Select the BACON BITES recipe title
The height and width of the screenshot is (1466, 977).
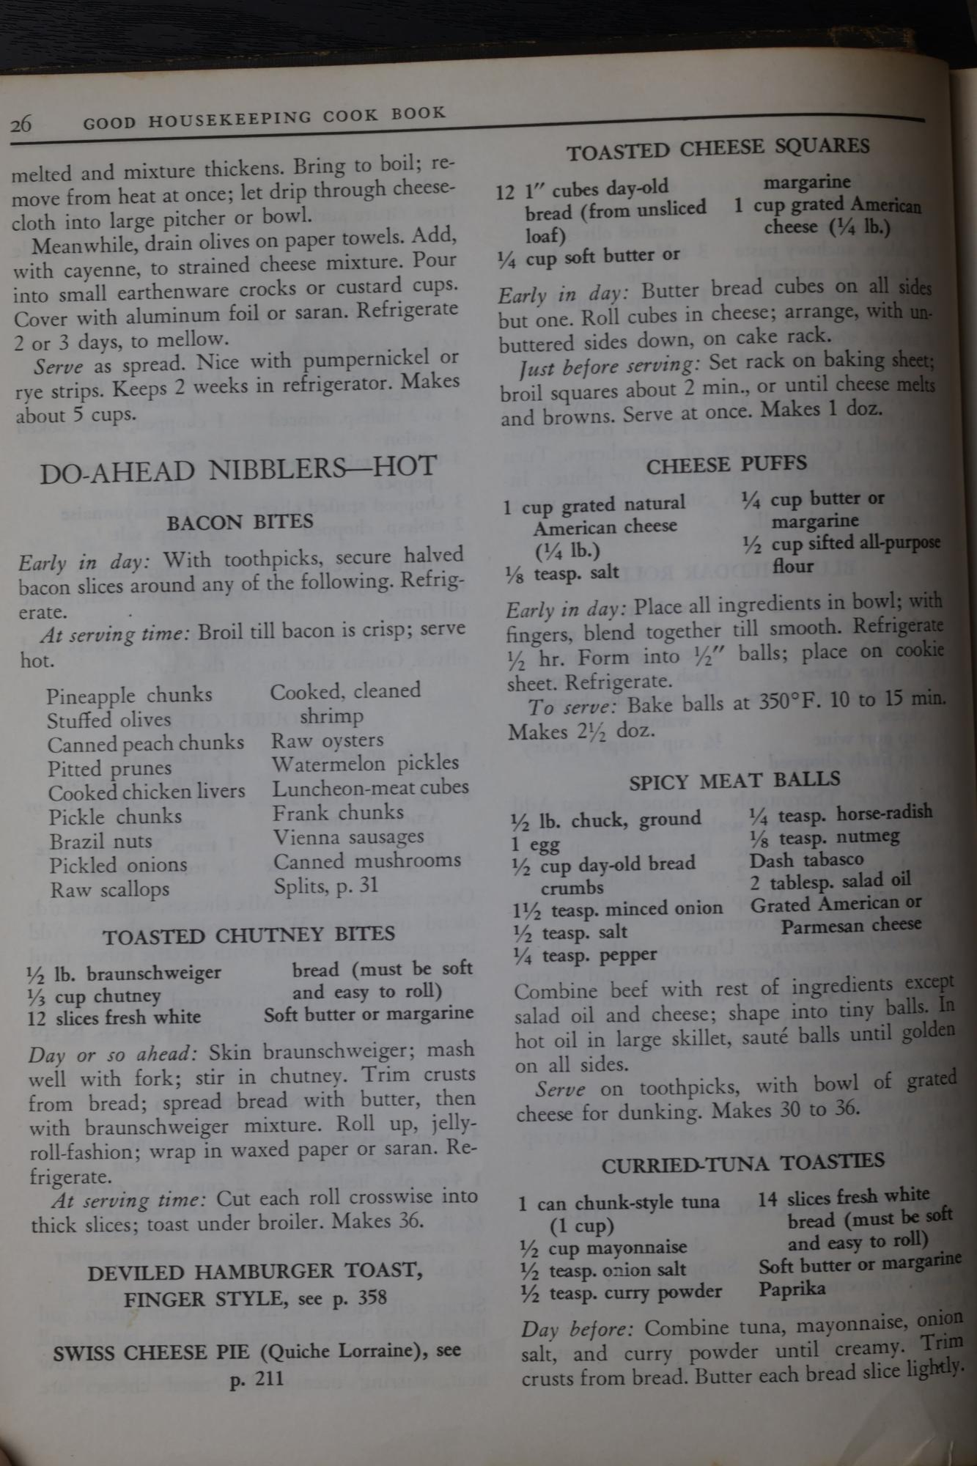pyautogui.click(x=240, y=523)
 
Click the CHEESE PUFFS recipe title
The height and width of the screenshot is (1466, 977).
pyautogui.click(x=726, y=464)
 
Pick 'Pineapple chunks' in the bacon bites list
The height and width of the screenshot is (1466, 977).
pyautogui.click(x=130, y=695)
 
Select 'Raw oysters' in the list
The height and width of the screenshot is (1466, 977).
pyautogui.click(x=328, y=741)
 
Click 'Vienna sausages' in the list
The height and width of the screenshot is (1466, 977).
pyautogui.click(x=349, y=837)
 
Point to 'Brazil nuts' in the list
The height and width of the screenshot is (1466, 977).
pyautogui.click(x=101, y=841)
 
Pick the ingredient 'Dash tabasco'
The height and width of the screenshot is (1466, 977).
pyautogui.click(x=807, y=859)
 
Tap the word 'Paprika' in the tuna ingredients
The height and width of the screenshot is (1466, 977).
pyautogui.click(x=792, y=1289)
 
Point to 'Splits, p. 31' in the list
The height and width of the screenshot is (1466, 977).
pyautogui.click(x=326, y=885)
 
